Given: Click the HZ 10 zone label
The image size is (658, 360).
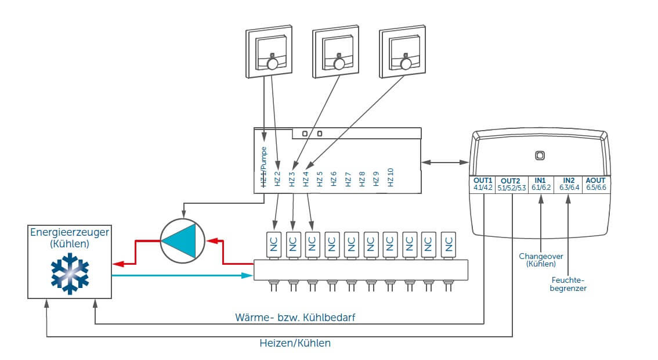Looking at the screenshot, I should tap(391, 177).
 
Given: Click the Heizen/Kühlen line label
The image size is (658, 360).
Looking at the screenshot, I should tap(295, 343).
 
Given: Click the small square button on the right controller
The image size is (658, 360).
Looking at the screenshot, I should tap(539, 155).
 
